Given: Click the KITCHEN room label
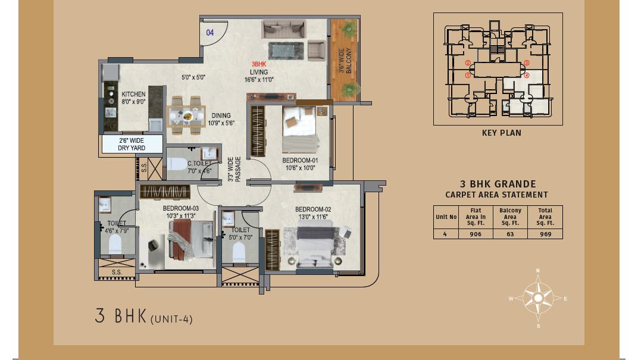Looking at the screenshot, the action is pos(133,94).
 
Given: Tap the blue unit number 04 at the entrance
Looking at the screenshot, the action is pos(210,33).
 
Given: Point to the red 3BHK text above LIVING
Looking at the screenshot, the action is pos(259,64).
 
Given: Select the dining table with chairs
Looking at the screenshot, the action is pos(187,115).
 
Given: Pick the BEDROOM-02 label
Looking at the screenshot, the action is pos(313,209).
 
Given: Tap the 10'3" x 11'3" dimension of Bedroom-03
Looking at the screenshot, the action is pos(181,216).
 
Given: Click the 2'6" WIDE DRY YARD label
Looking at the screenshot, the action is pos(132,145).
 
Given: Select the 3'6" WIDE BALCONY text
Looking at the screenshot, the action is pos(345,61).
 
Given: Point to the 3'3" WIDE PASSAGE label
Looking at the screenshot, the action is pos(234,169).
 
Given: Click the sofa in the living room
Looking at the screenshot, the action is pos(283,29).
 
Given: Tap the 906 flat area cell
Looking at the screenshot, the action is pos(476,234).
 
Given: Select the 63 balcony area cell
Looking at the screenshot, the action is pos(510,234).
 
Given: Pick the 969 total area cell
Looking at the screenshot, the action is pos(545,234).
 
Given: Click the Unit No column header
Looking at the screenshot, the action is pos(446,217).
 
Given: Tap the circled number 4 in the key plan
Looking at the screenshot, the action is pos(527,75).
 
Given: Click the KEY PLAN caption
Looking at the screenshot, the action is pos(501,133).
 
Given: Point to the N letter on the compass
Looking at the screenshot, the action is pos(538,271).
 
